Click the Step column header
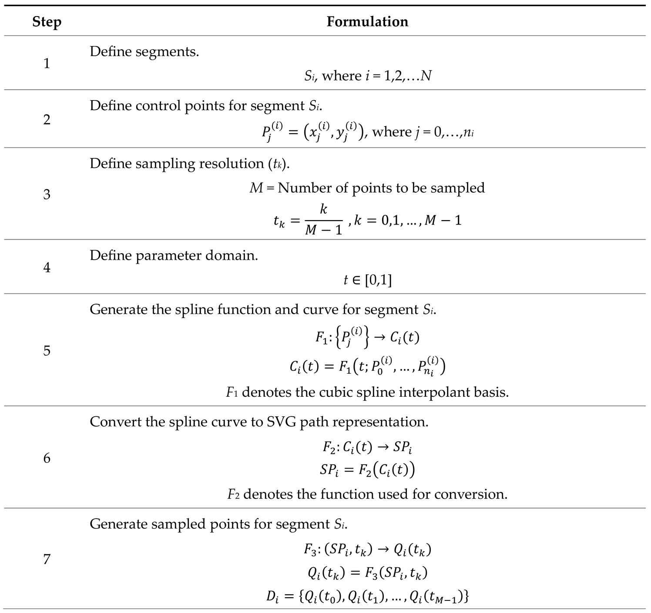pyautogui.click(x=47, y=22)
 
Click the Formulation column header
pyautogui.click(x=367, y=22)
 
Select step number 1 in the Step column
pyautogui.click(x=47, y=64)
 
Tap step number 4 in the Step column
pyautogui.click(x=47, y=267)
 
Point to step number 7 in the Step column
pyautogui.click(x=47, y=559)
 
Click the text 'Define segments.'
pyautogui.click(x=144, y=52)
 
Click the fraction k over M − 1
pyautogui.click(x=323, y=220)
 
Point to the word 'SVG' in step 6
pyautogui.click(x=281, y=422)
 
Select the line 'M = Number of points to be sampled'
pyautogui.click(x=367, y=188)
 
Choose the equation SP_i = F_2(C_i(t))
pyautogui.click(x=367, y=470)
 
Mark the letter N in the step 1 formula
pyautogui.click(x=426, y=76)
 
